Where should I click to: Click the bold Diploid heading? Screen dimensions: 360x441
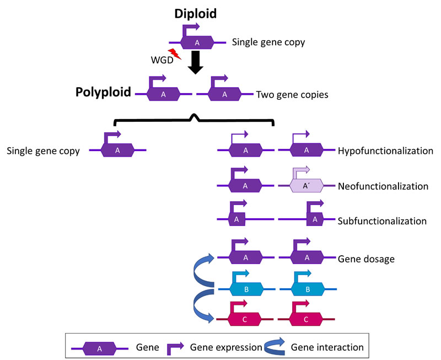196,13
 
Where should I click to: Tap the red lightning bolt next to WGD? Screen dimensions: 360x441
175,54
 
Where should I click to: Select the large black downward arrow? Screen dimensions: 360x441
196,62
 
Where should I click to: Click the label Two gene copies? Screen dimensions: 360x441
292,94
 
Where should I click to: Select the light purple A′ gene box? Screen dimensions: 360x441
306,186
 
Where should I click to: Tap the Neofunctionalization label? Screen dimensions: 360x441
383,186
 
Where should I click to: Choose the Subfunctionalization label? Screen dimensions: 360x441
382,221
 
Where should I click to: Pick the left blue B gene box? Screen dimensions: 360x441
246,288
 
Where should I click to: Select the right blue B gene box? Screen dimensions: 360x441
308,288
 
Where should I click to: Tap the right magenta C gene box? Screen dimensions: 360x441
306,319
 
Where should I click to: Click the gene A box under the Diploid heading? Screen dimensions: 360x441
196,42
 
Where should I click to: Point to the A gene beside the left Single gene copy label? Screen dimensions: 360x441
118,150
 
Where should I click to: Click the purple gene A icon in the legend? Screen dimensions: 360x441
99,348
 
